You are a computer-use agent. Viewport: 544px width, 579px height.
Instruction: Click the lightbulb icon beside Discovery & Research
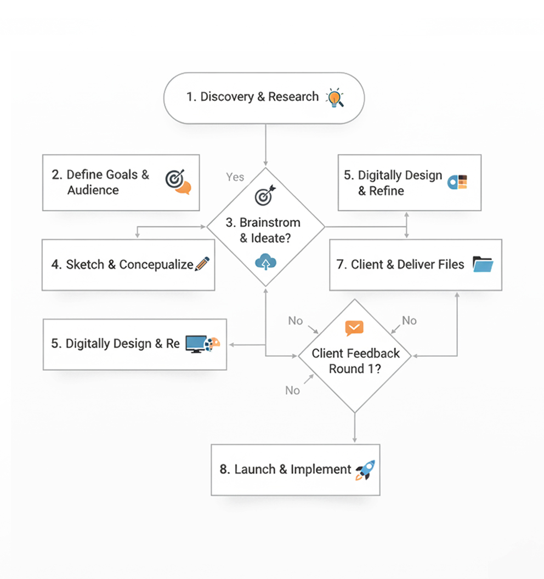click(334, 98)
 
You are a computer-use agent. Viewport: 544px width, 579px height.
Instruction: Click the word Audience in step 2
click(93, 190)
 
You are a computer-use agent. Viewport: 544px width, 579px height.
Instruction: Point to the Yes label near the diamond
click(235, 177)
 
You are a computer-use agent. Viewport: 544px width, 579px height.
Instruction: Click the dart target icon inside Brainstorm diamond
click(265, 195)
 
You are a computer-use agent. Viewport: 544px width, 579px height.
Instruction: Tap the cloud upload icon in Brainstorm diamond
click(265, 263)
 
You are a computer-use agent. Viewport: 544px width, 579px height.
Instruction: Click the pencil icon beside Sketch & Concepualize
click(202, 264)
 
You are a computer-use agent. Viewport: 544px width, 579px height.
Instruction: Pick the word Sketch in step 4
click(85, 264)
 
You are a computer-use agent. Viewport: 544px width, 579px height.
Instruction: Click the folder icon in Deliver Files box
click(483, 264)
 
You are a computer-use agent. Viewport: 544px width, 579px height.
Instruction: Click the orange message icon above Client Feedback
click(354, 328)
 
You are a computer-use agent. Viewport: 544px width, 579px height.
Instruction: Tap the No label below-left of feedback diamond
click(292, 390)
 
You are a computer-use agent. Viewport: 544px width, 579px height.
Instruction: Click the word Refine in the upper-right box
click(386, 191)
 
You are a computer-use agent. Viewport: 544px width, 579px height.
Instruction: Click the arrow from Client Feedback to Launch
click(355, 428)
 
